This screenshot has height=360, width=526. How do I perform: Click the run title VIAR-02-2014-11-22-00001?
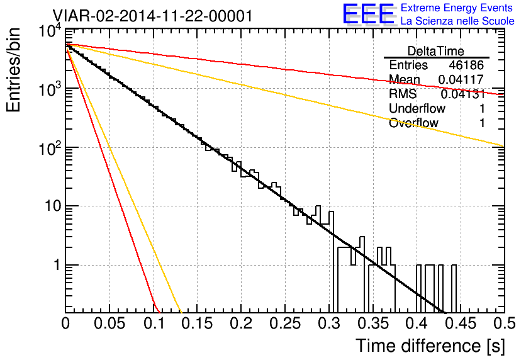point(152,16)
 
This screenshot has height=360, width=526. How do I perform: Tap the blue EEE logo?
point(369,14)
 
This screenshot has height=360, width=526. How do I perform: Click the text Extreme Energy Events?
point(457,8)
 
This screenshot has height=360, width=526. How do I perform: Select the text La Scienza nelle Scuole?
point(457,21)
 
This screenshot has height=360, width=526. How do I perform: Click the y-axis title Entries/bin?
point(14,70)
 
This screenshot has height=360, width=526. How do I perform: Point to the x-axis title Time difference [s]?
point(430,346)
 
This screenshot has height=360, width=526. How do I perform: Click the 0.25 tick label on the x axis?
point(285,323)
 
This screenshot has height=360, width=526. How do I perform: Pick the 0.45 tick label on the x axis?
point(461,323)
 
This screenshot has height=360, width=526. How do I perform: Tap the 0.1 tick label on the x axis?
point(154,323)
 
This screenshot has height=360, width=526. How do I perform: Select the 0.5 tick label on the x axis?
point(505,323)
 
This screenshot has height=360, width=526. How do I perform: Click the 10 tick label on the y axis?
point(53,206)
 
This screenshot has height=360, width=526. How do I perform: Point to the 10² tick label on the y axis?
point(50,149)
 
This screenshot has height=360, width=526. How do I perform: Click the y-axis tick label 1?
point(57,265)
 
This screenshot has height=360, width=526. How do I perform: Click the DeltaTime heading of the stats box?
point(436,51)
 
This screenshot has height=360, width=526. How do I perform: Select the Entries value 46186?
point(466,65)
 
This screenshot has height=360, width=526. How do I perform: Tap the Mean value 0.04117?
point(461,79)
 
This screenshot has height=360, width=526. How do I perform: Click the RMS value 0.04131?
point(462,94)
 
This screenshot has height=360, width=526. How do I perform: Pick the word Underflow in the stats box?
point(417,108)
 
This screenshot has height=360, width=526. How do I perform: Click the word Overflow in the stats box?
point(413,123)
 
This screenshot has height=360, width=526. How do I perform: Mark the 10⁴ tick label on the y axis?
point(50,31)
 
